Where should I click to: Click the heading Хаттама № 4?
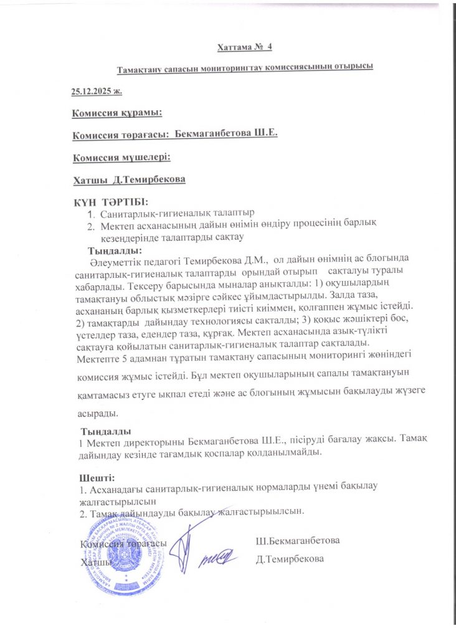(244, 47)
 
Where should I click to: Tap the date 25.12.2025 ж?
(97, 91)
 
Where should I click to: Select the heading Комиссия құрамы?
(117, 113)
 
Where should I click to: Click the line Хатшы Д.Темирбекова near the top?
(130, 180)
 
